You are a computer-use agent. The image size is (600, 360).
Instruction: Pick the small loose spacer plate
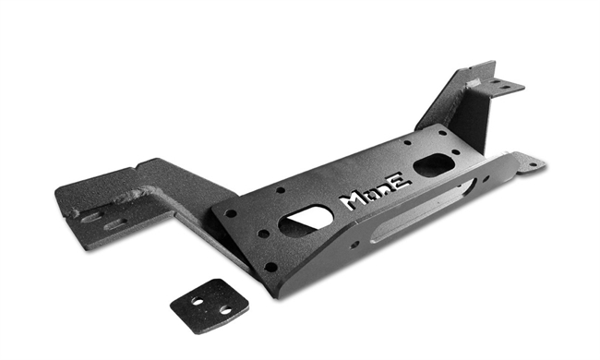(x=208, y=304)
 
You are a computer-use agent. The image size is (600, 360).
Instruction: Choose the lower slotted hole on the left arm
(x=114, y=224)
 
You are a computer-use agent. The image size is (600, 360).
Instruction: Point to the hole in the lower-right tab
(x=529, y=164)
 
